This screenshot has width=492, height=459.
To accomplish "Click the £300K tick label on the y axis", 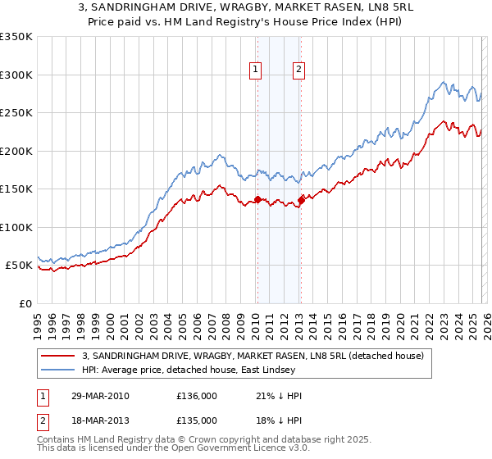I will pos(16,75).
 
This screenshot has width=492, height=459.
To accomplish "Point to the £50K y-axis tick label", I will pos(20,266).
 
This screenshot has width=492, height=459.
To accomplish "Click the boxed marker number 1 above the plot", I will pos(257,70).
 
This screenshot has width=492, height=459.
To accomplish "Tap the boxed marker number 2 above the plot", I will pos(298,70).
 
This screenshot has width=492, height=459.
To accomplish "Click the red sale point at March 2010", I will pos(257,199).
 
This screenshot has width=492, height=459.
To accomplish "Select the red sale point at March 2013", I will pos(301,199).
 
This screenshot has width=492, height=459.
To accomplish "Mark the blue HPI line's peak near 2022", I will pos(444,82).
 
